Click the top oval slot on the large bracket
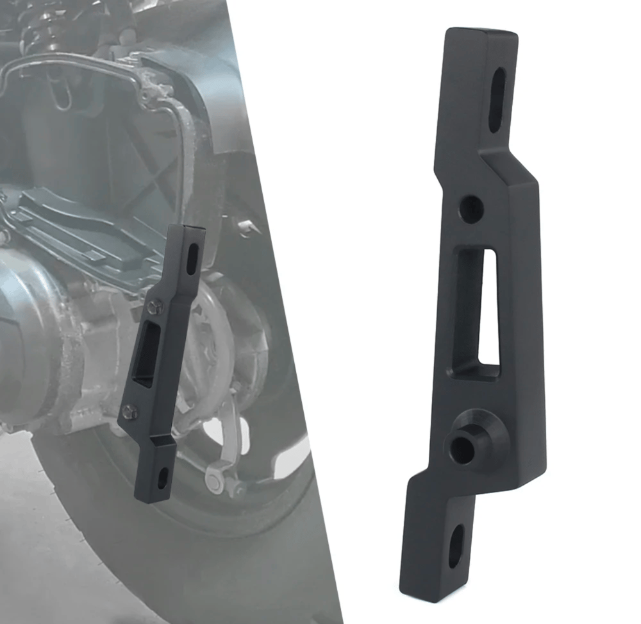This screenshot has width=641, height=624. click(x=497, y=101)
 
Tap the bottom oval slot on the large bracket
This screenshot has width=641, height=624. click(x=456, y=546)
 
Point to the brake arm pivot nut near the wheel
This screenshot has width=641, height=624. click(x=214, y=478)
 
